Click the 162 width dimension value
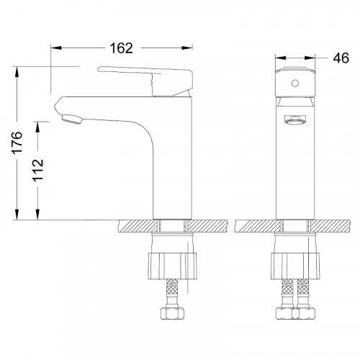tap(121, 48)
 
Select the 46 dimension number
tap(341, 58)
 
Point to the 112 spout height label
tap(38, 170)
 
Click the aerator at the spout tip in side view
tap(72, 119)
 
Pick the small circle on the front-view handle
tap(295, 83)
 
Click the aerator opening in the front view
tap(295, 120)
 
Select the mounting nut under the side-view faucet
tap(172, 266)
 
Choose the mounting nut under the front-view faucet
tap(295, 266)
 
